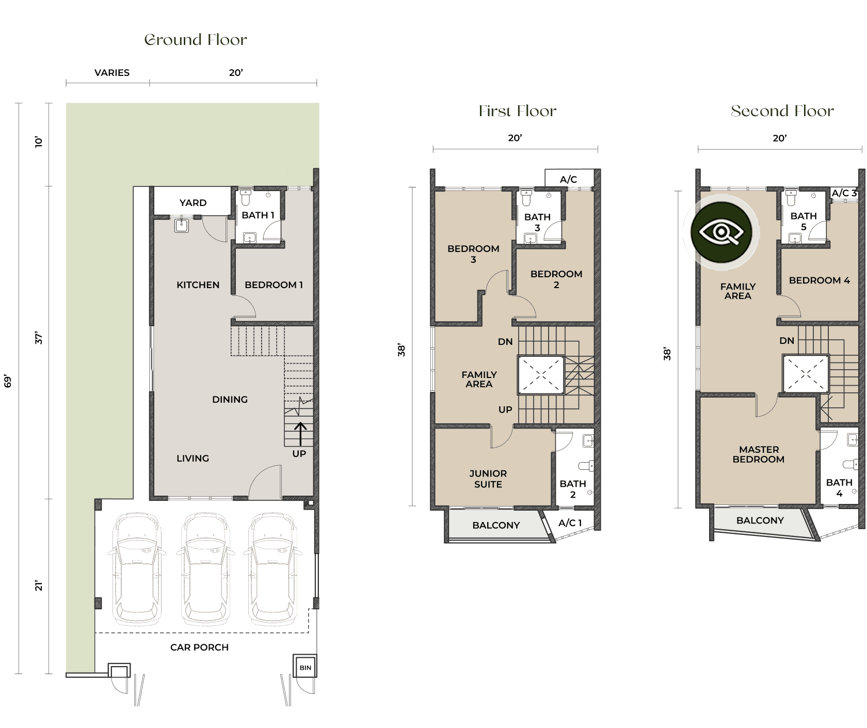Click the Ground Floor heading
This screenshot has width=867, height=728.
point(195,40)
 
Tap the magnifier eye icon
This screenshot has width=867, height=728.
point(721,232)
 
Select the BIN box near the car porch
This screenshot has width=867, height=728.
point(305,668)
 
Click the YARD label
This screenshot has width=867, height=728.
point(193,203)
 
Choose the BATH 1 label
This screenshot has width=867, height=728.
point(258,215)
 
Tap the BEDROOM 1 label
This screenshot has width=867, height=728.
point(274,285)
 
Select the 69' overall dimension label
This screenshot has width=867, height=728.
point(8,381)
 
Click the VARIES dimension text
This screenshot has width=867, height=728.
point(112,73)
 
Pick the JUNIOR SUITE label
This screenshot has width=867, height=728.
point(488,479)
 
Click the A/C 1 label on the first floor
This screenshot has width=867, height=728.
point(570,523)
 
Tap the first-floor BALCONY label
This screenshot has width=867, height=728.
point(496,525)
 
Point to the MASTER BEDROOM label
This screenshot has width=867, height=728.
point(759,454)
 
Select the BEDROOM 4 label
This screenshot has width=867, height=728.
point(819,280)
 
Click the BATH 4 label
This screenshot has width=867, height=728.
point(839,488)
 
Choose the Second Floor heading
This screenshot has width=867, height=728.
point(782,111)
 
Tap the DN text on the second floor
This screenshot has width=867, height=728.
point(786,341)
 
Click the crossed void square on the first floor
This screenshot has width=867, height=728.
point(541,375)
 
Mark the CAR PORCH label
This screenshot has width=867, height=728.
point(199,647)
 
